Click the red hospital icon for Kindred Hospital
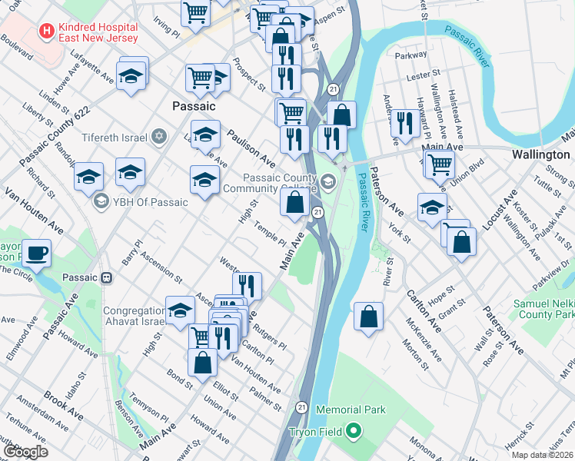tap(48, 32)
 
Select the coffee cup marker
tap(36, 252)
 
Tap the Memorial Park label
tap(351, 410)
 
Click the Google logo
tap(25, 451)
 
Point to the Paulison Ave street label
tap(250, 148)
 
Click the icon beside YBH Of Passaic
tap(100, 202)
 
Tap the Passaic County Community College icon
tap(329, 181)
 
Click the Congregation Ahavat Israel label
tap(135, 317)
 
